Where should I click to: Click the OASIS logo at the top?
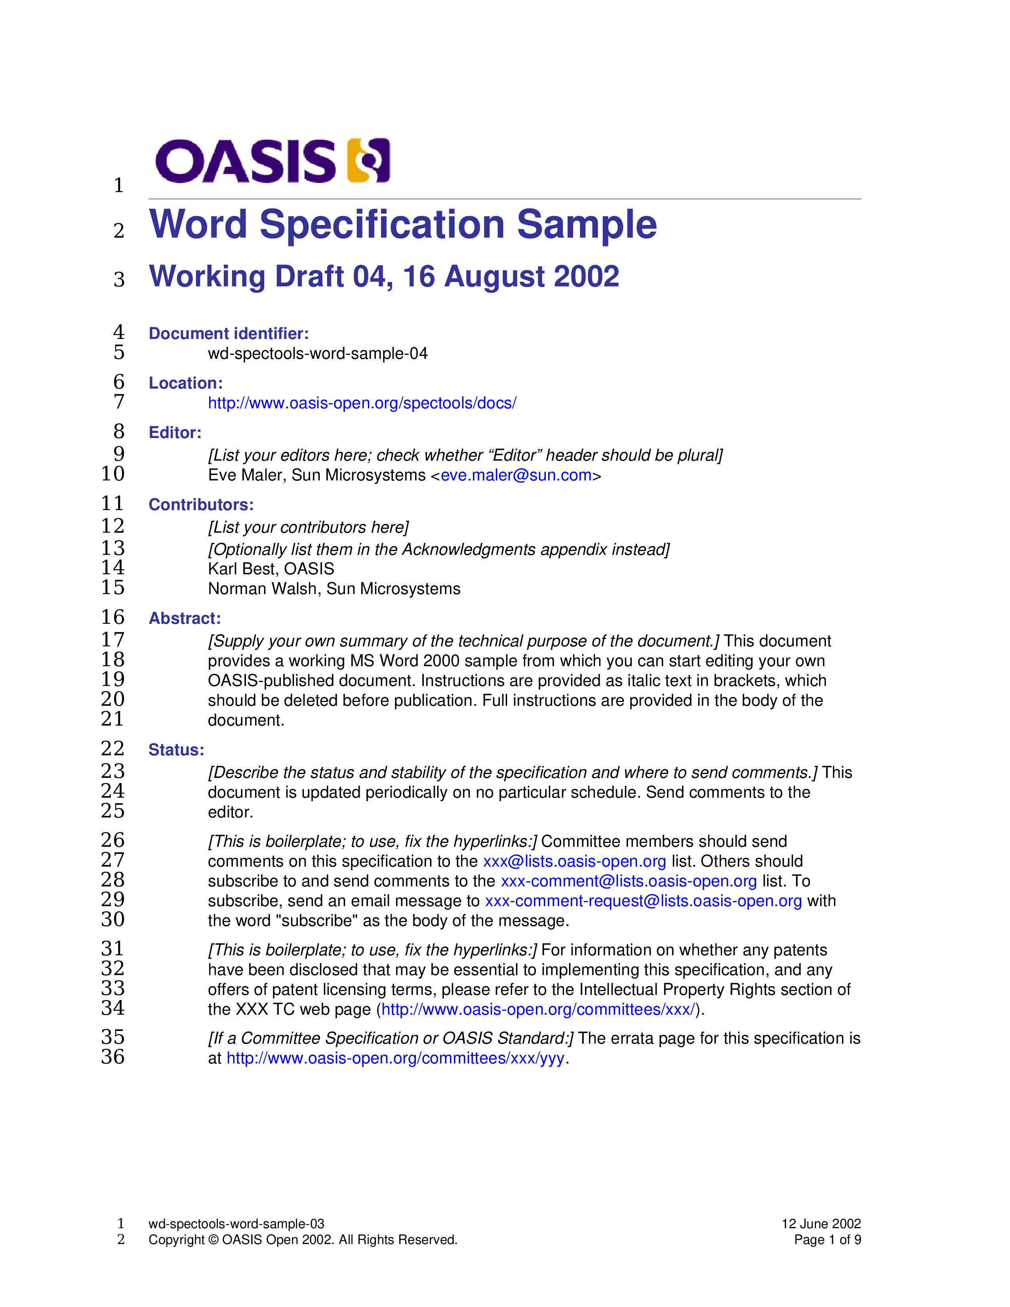[x=272, y=160]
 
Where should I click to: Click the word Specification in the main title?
[x=382, y=225]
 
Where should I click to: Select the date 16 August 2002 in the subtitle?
[x=511, y=276]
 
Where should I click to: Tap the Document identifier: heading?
[x=229, y=333]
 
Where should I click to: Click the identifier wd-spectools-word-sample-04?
[x=318, y=354]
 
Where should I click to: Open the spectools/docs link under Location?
[x=362, y=403]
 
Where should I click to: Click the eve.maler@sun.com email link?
[x=516, y=475]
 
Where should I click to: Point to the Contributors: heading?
[x=201, y=505]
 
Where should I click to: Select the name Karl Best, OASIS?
[x=271, y=568]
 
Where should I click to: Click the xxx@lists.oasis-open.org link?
[x=574, y=861]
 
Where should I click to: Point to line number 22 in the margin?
[x=112, y=749]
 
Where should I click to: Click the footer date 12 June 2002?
[x=821, y=1224]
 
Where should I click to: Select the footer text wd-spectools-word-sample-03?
[x=236, y=1224]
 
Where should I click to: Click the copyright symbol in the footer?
[x=213, y=1240]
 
